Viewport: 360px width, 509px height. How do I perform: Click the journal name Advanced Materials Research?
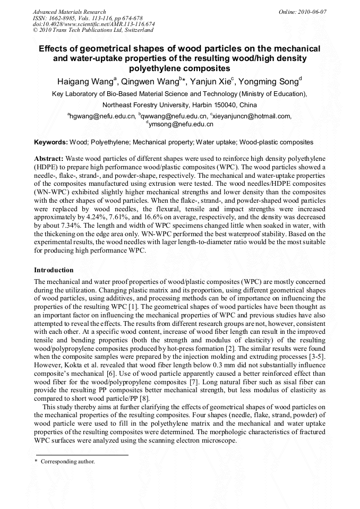tap(69, 12)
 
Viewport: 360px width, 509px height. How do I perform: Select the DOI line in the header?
tap(93, 24)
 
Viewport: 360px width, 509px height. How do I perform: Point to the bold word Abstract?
tap(49, 159)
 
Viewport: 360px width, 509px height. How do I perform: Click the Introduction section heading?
tap(54, 270)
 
